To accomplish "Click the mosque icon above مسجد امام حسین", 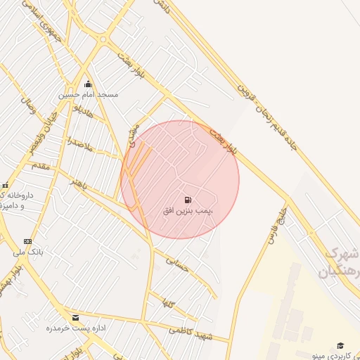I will pos(88,84).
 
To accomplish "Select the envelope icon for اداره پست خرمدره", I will pos(75,318).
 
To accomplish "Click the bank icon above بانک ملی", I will pos(28,241).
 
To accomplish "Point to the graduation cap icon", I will pos(340,345).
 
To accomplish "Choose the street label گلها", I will pos(167,304).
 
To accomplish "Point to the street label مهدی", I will pos(132,134).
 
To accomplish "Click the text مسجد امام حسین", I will pos(89,94).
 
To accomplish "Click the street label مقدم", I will pos(40,166).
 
